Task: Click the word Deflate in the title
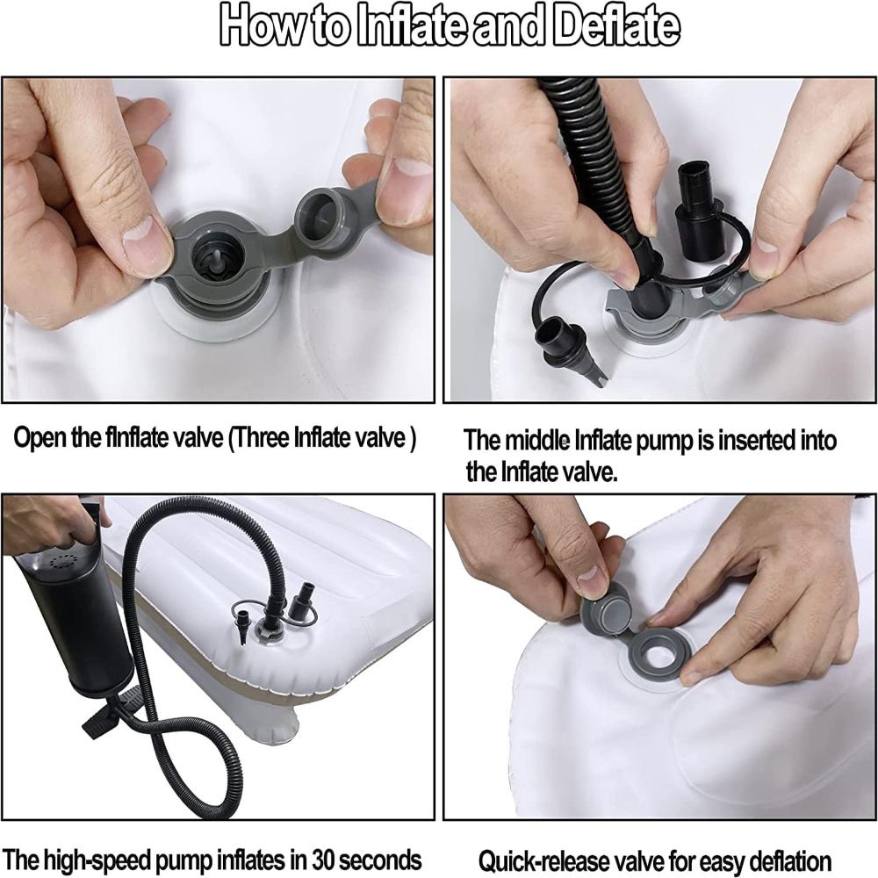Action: (x=616, y=26)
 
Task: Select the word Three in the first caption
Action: (x=262, y=437)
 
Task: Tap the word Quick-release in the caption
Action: (x=543, y=861)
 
